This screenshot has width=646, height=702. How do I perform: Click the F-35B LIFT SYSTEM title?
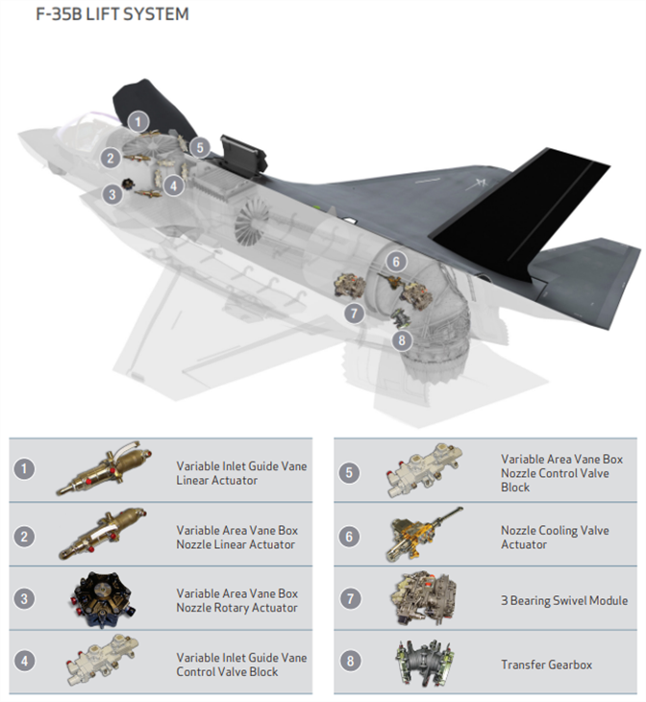[x=112, y=14]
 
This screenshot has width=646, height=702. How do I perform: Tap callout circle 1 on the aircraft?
[x=138, y=121]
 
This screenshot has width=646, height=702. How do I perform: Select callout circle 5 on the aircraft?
[x=200, y=147]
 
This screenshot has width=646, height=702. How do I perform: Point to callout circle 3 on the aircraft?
[x=112, y=194]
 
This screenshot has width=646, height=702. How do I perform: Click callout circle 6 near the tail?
[x=396, y=262]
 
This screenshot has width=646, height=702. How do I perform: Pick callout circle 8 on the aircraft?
[x=402, y=340]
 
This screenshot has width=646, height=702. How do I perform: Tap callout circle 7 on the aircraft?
[x=354, y=313]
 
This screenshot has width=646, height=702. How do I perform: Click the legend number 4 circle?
[x=24, y=661]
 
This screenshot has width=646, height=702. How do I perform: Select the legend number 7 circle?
[x=350, y=598]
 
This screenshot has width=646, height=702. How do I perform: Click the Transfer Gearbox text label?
[x=546, y=664]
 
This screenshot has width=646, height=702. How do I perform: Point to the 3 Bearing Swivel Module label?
[x=564, y=600]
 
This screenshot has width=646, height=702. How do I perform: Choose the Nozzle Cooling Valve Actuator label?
[x=555, y=538]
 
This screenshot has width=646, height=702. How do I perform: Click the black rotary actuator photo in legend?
[x=104, y=599]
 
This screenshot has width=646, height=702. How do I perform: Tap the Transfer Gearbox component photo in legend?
[x=424, y=662]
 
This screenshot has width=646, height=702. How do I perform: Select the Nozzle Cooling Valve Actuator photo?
[x=423, y=534]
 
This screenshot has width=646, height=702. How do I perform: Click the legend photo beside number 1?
[x=104, y=468]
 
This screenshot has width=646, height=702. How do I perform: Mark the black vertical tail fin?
[x=519, y=214]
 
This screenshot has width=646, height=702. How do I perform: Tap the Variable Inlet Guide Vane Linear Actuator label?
[x=241, y=473]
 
